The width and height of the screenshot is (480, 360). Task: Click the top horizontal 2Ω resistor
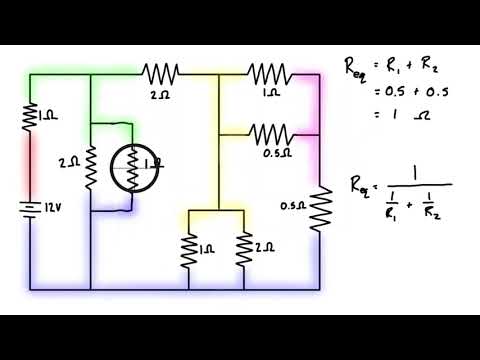[x=160, y=72]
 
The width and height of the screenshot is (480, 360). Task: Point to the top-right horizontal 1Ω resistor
[x=269, y=72]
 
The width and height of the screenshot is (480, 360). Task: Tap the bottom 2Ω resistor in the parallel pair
[x=243, y=251]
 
